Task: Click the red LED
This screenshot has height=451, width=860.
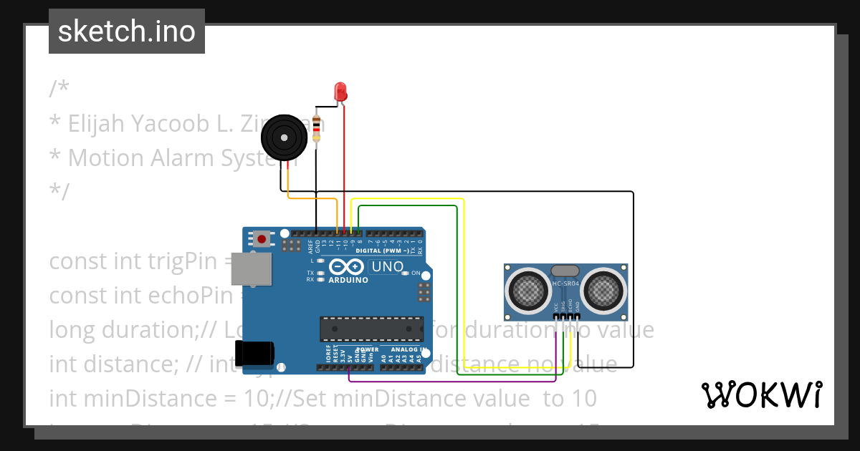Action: [340, 91]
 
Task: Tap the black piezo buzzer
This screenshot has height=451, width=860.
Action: [283, 137]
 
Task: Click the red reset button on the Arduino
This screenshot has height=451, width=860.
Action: [262, 238]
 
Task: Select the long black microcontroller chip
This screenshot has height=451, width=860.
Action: [371, 329]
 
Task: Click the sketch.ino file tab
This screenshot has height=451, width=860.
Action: [127, 31]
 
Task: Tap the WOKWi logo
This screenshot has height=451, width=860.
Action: [761, 394]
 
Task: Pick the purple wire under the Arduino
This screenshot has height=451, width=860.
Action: [459, 380]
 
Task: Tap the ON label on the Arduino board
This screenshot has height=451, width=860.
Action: [416, 273]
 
